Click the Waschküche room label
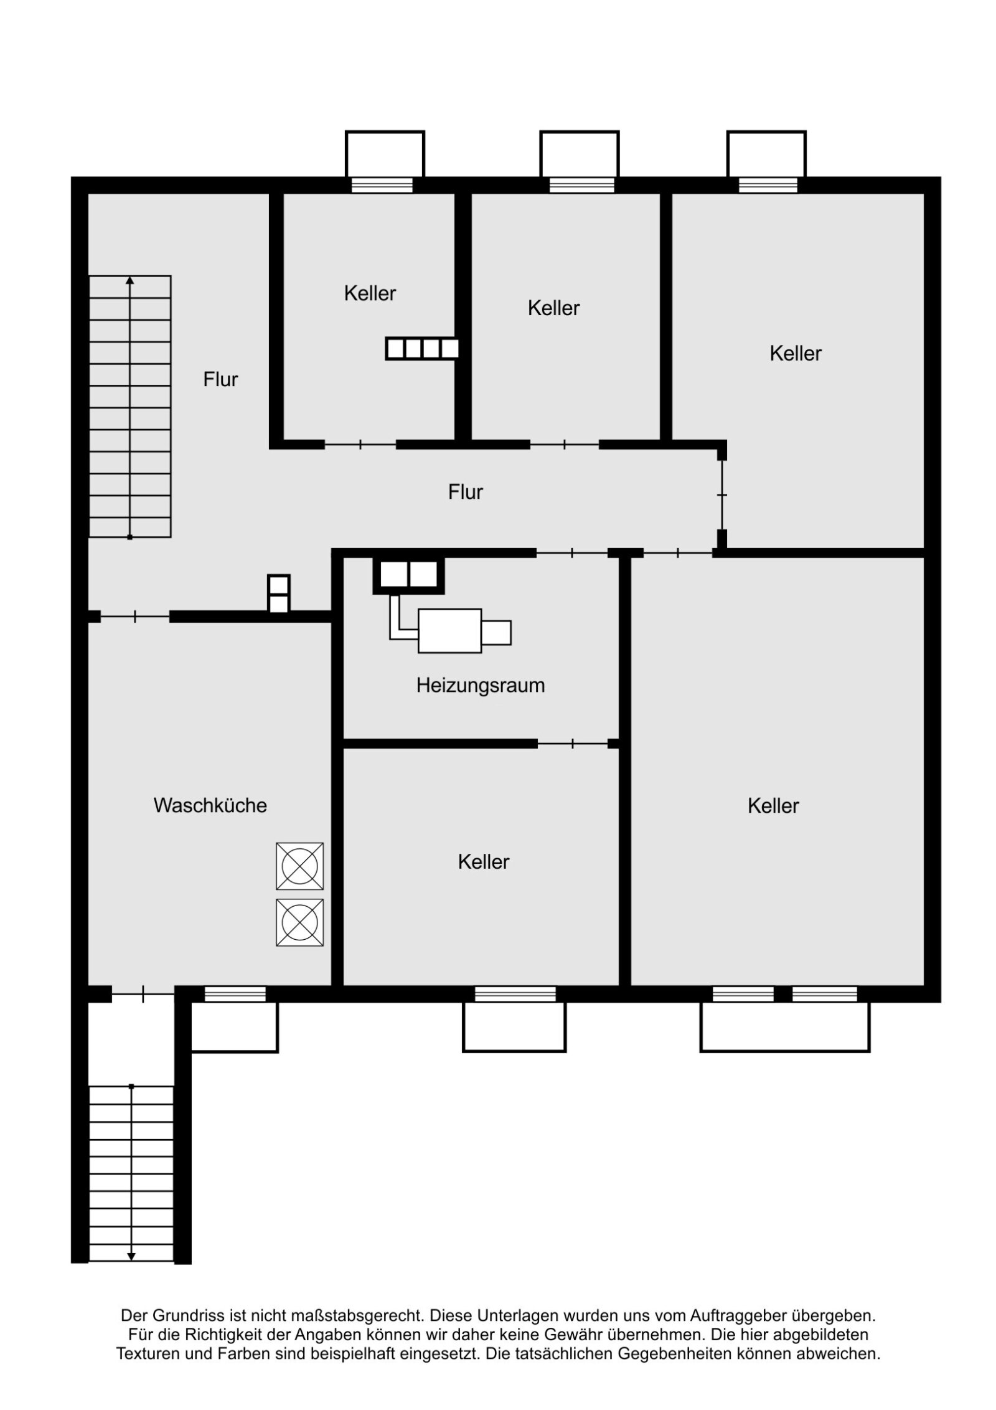pos(210,805)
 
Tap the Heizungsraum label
pos(480,685)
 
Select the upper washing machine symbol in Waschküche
pos(299,866)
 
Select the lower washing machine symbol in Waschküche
pos(299,922)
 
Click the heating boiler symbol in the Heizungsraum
pos(449,631)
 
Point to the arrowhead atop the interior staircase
pos(129,281)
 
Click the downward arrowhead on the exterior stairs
pos(131,1256)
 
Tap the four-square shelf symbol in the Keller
pos(421,348)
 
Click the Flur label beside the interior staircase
pos(220,379)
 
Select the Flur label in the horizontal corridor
pos(465,492)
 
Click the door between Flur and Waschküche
pos(135,617)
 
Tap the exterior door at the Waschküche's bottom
pos(143,995)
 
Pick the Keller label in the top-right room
pos(795,353)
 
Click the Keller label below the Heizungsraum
pos(483,862)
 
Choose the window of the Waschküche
pos(235,995)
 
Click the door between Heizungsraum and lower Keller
pos(572,743)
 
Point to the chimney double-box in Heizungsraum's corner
pos(408,575)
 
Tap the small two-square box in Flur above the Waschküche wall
pos(278,594)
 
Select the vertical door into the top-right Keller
pos(721,494)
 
